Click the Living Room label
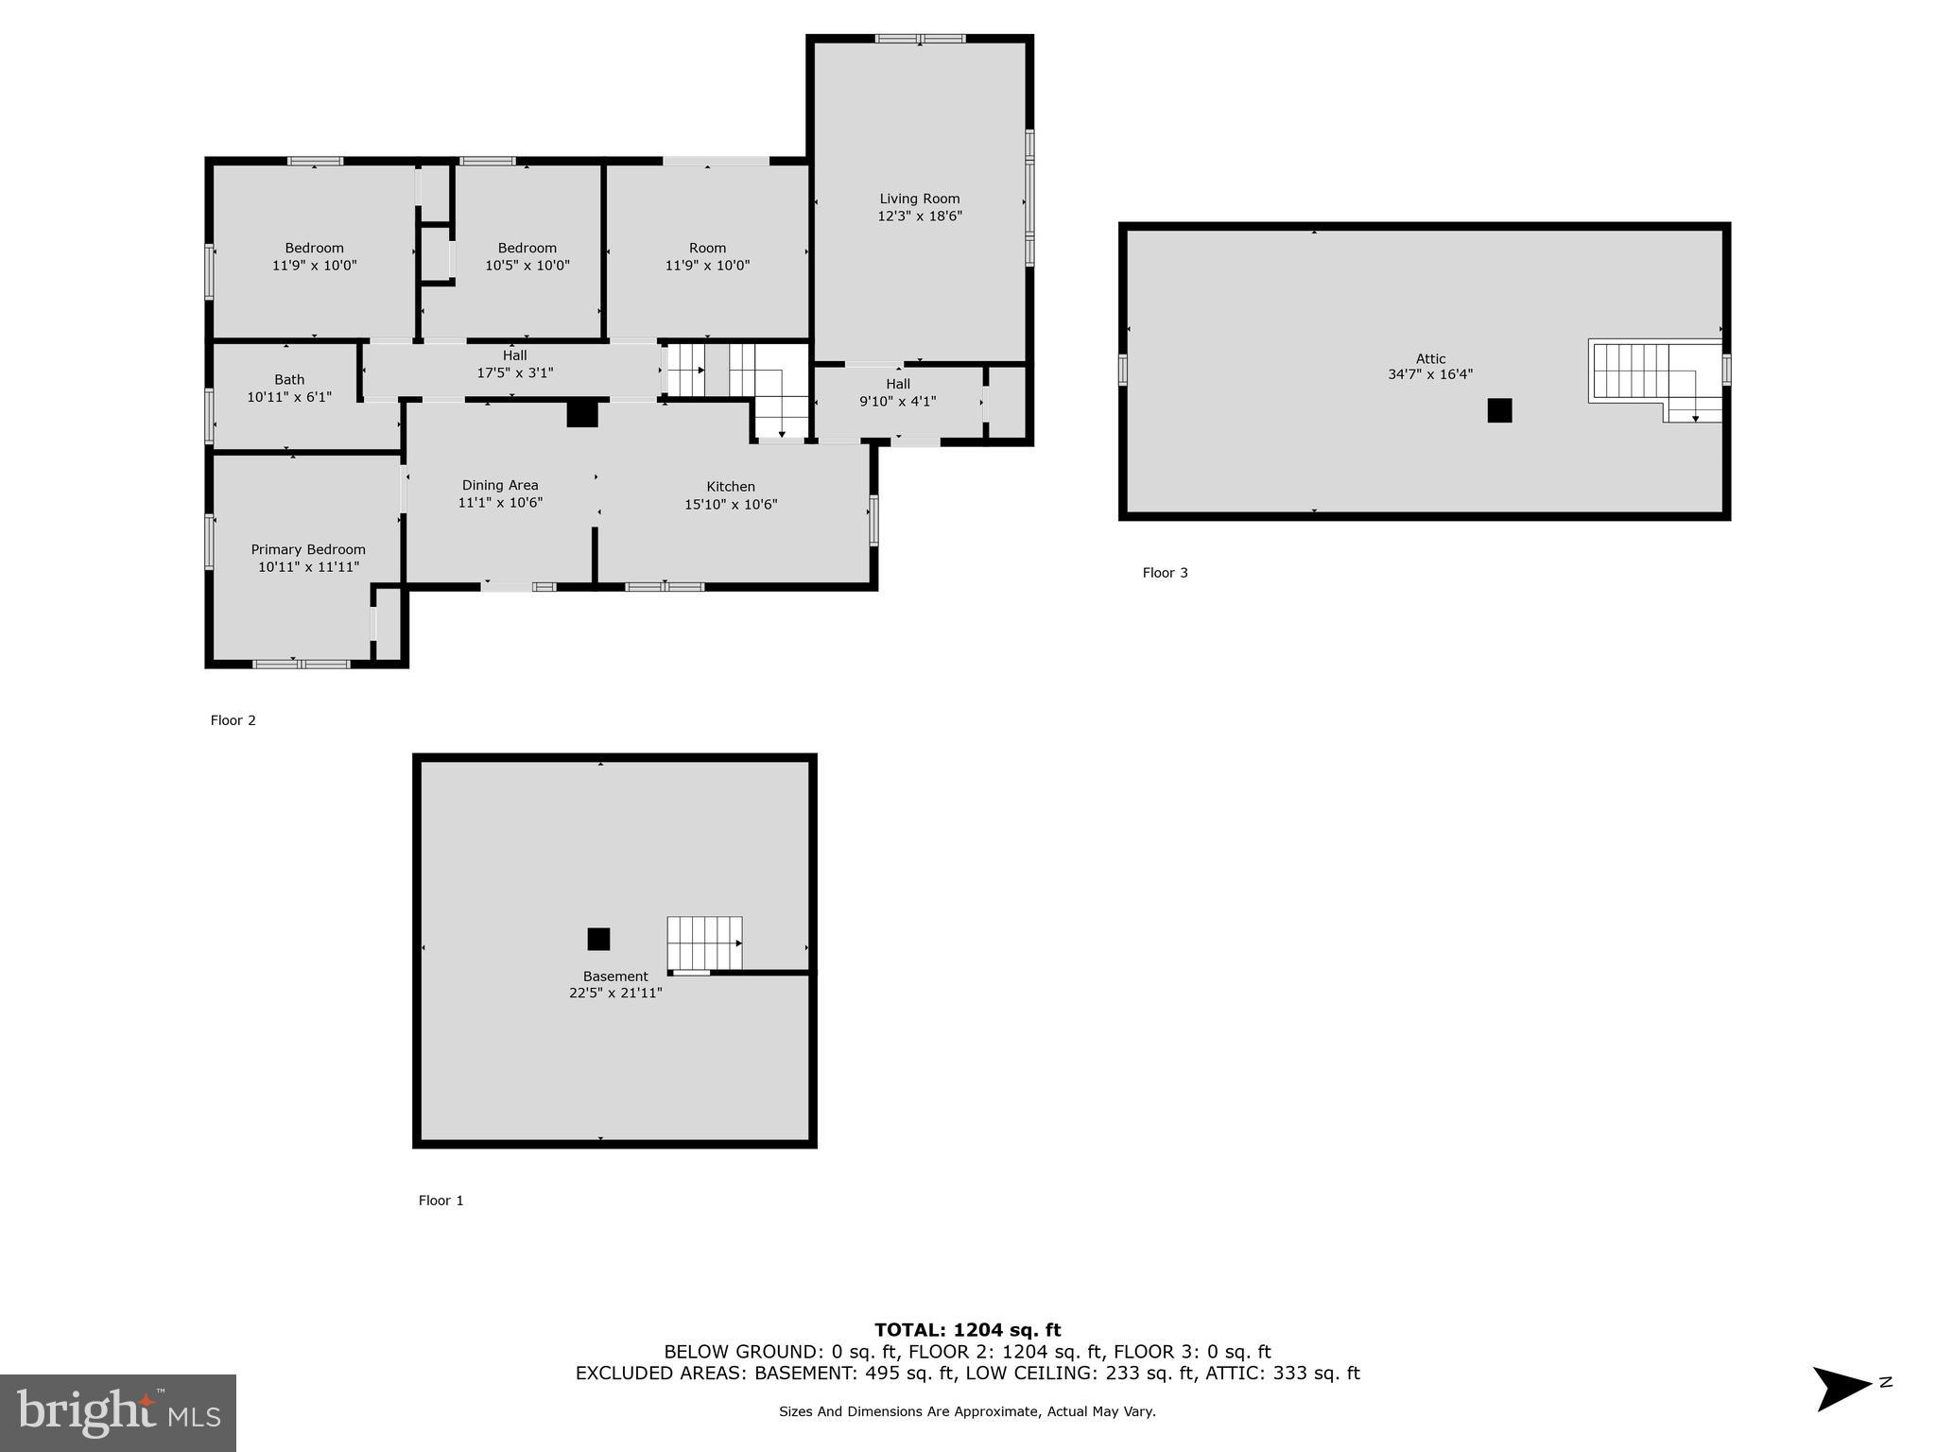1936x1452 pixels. click(919, 199)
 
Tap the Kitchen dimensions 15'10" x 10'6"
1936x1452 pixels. click(731, 505)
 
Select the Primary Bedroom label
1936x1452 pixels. click(308, 549)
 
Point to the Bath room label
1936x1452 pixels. click(289, 380)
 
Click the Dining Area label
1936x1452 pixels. click(500, 485)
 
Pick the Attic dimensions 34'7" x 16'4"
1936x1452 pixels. click(1429, 374)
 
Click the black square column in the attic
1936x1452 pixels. click(1499, 410)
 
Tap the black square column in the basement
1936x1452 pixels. click(598, 939)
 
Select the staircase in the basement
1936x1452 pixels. click(704, 943)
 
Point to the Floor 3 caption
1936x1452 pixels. click(1165, 573)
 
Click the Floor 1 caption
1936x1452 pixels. click(441, 1201)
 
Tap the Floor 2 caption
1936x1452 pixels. click(233, 720)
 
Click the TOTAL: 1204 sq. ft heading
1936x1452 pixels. click(967, 1330)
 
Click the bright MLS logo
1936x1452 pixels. click(118, 1412)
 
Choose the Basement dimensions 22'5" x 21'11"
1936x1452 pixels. click(615, 994)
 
